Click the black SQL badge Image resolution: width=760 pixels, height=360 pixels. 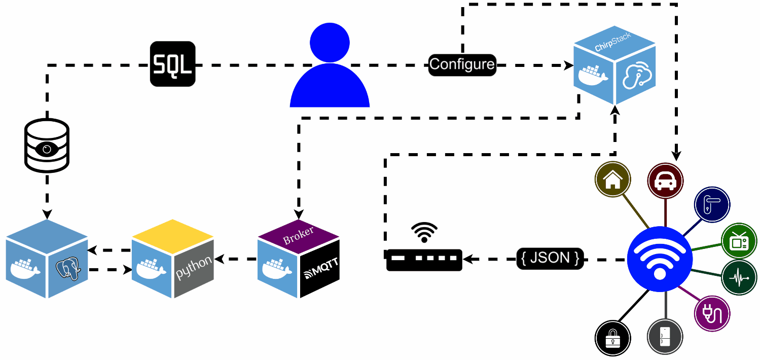click(x=173, y=64)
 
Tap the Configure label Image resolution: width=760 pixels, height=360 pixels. click(x=462, y=64)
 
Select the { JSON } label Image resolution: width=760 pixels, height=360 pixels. click(x=550, y=258)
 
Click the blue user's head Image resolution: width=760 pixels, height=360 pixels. click(x=330, y=43)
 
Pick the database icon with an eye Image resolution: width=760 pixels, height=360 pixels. click(x=47, y=146)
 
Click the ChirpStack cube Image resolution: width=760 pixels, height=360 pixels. click(x=614, y=65)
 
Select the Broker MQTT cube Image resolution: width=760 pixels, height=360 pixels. click(x=298, y=259)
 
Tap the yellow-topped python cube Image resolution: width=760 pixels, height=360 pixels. click(x=173, y=259)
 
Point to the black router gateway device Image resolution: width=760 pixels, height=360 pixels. click(x=424, y=260)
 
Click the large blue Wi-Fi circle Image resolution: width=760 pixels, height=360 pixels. click(x=660, y=259)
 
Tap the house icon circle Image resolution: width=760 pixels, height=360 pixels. click(x=612, y=179)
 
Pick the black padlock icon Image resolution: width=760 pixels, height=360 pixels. click(x=612, y=338)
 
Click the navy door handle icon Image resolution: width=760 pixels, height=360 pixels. click(x=712, y=204)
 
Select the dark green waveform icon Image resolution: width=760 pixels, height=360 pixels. click(x=739, y=277)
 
